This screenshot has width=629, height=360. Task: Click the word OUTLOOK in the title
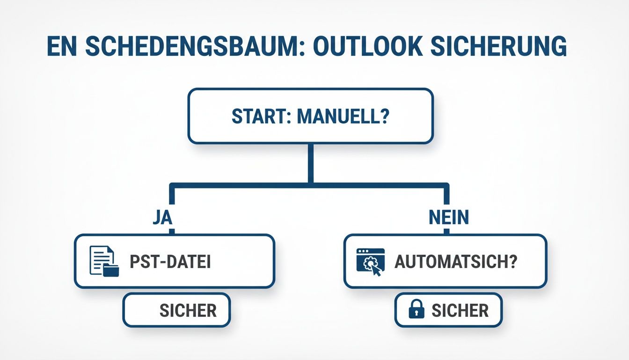click(x=366, y=47)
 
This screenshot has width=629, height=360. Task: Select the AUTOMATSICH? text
click(x=456, y=262)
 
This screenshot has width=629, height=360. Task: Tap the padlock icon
click(x=416, y=310)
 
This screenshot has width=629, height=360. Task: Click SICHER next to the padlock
click(x=460, y=310)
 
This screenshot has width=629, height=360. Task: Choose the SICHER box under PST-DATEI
click(x=177, y=310)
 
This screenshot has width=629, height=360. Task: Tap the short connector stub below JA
click(x=172, y=232)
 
